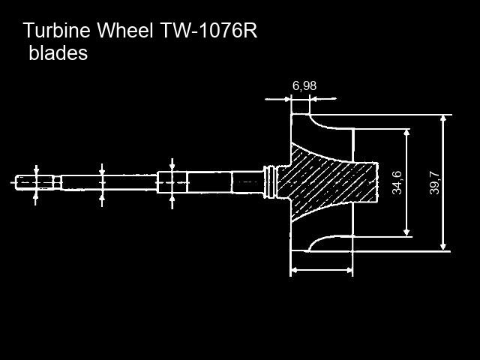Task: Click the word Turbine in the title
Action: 57,30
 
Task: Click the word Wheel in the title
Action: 125,30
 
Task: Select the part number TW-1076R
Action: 208,30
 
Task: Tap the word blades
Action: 58,52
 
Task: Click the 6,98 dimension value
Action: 304,86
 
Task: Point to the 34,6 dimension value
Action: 397,183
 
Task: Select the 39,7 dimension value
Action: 434,183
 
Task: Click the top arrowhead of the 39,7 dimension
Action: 443,118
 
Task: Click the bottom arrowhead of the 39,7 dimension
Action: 443,247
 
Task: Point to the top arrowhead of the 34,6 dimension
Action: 406,133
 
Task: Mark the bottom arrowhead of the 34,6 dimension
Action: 406,232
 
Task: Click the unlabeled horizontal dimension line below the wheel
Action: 322,270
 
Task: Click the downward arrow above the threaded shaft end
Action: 36,170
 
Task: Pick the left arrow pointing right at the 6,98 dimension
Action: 277,99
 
